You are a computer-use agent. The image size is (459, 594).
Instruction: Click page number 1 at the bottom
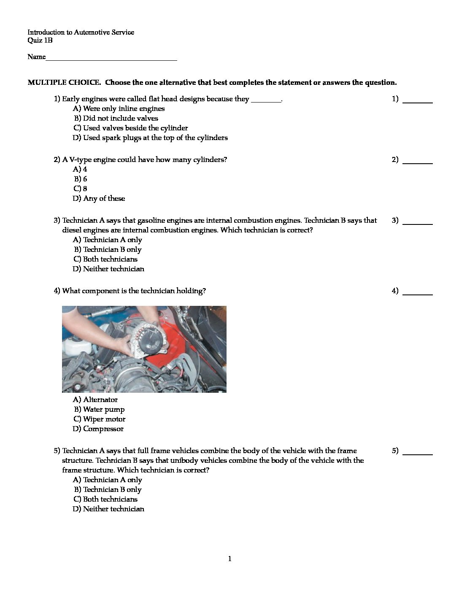click(229, 559)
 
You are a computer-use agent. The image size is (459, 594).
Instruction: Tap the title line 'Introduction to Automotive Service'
click(81, 32)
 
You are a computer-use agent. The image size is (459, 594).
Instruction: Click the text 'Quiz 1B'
click(40, 40)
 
